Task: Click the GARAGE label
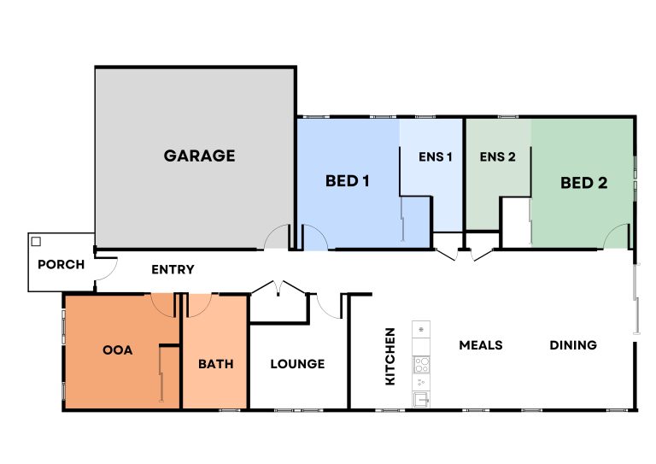(x=199, y=156)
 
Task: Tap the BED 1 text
(x=348, y=181)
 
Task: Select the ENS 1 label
(x=435, y=157)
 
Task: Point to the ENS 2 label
(x=497, y=157)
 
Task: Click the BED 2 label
(x=583, y=183)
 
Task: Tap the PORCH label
(x=61, y=264)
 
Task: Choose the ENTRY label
(x=173, y=269)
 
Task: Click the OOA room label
(x=118, y=350)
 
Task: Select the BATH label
(x=216, y=364)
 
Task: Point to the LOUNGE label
(x=297, y=364)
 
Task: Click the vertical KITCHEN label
(x=389, y=356)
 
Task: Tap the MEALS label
(x=481, y=345)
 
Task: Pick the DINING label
(x=573, y=345)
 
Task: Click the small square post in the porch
(x=36, y=242)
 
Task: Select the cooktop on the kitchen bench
(x=421, y=364)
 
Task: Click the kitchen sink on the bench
(x=421, y=400)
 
